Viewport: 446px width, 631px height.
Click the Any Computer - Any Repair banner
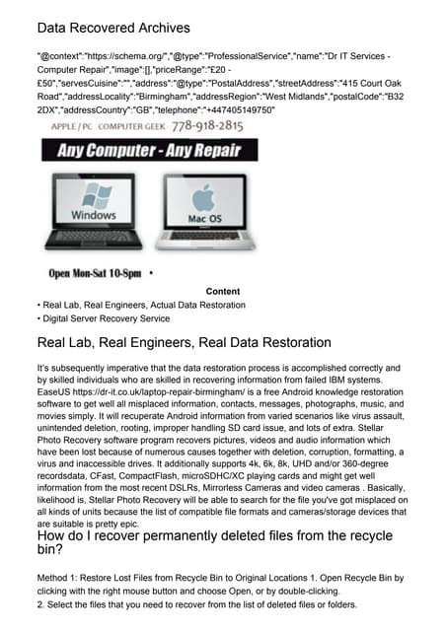coord(149,151)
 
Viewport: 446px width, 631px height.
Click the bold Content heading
coord(222,292)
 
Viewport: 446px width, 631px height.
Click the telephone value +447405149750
coord(237,109)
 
